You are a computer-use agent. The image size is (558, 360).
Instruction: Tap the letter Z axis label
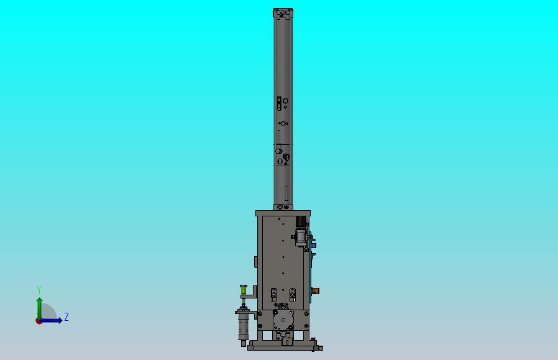[x=66, y=316]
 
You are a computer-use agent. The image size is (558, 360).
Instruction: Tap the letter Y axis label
[x=39, y=290]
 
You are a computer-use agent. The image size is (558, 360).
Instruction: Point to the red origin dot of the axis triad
[x=39, y=321]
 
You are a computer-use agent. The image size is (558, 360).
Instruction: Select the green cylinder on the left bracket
[x=244, y=290]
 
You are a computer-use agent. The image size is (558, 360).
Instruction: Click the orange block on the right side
[x=316, y=291]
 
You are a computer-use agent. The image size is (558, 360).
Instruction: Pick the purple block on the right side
[x=314, y=246]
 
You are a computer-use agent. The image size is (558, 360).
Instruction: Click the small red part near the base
[x=313, y=339]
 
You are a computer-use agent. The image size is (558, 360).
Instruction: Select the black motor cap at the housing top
[x=301, y=222]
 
